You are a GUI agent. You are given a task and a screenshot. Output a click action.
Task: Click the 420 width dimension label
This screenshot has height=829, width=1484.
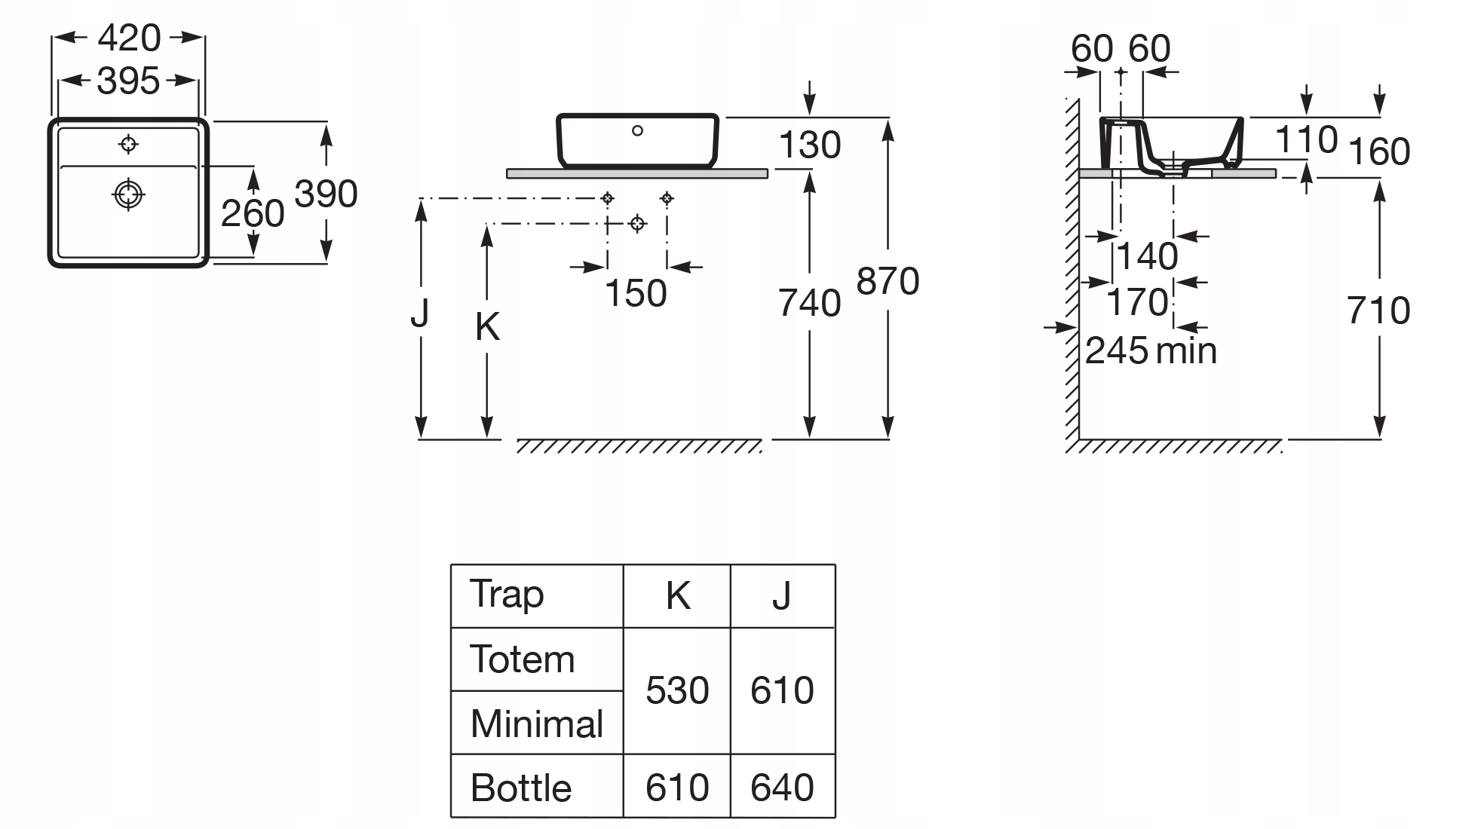[x=129, y=38]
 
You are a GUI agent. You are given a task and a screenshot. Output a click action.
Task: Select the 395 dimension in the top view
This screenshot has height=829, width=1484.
[x=128, y=81]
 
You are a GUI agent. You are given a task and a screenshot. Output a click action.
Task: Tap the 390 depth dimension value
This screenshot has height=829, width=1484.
[x=326, y=194]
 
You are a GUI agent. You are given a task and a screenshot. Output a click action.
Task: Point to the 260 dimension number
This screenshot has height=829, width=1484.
[x=253, y=213]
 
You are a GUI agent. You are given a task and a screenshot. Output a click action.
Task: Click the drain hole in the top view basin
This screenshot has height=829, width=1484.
[x=128, y=194]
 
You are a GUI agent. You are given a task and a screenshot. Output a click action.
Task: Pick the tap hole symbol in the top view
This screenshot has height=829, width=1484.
[x=129, y=143]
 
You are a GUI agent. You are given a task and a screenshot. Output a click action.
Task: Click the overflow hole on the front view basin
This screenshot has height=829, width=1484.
[x=637, y=130]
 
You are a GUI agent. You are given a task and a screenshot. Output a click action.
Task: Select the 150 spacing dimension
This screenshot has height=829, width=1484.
[x=636, y=293]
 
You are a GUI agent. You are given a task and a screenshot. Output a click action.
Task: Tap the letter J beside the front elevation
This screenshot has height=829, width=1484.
[x=420, y=314]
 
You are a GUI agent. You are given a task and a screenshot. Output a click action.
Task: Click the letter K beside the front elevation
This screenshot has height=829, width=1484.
[x=487, y=327]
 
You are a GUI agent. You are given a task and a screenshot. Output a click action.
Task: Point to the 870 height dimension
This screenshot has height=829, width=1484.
[x=888, y=282]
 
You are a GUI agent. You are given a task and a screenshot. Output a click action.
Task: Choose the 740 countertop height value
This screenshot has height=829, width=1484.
[x=809, y=303]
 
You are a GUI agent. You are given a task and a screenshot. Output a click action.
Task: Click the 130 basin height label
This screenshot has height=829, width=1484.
[x=809, y=145]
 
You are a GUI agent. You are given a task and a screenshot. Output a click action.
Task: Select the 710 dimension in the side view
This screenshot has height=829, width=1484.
[x=1378, y=310]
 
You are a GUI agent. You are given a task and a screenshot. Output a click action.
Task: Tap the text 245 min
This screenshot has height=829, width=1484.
[x=1151, y=351]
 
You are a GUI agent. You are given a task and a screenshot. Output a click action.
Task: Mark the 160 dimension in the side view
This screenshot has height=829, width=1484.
[x=1378, y=151]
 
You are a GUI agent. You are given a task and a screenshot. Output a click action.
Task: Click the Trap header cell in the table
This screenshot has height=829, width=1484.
[x=507, y=595]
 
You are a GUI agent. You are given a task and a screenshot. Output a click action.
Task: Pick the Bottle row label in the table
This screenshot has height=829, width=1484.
[x=521, y=788]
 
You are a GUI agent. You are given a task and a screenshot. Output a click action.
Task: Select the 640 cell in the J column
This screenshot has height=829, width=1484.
[x=782, y=788]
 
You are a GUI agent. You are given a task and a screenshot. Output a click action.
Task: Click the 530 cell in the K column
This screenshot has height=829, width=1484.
[x=677, y=690]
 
